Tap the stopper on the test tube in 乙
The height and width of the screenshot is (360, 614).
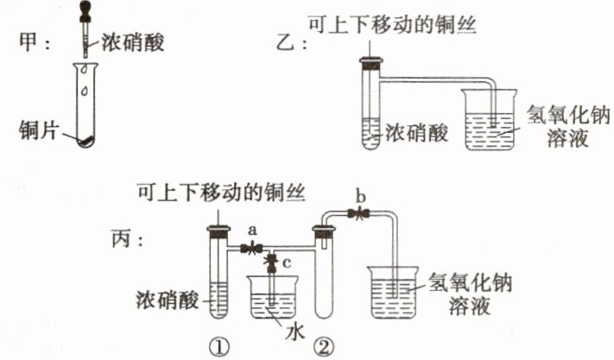[371, 61]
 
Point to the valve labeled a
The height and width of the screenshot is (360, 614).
[251, 249]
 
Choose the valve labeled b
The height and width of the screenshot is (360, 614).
[357, 212]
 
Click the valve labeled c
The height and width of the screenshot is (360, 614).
[273, 260]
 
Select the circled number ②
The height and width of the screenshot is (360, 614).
[325, 346]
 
